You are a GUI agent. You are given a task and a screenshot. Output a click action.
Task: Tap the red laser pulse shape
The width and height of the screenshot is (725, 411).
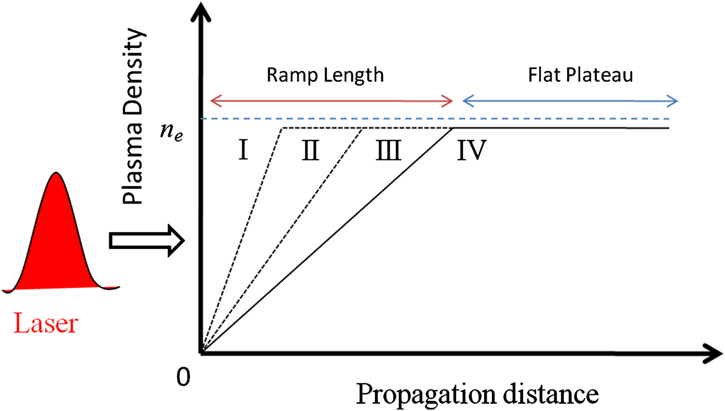click(57, 244)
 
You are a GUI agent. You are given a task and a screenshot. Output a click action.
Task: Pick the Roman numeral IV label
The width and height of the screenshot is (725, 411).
click(471, 151)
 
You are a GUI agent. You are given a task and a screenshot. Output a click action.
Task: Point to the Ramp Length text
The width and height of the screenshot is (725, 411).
click(325, 75)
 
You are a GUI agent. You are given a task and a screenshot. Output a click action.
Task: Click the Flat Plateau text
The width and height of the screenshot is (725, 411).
click(580, 75)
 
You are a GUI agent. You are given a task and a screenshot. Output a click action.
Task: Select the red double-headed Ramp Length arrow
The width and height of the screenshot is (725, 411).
click(331, 101)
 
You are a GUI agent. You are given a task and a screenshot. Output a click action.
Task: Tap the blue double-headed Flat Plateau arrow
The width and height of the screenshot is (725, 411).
click(570, 101)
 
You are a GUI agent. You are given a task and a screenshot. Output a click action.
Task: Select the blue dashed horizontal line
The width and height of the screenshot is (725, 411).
click(440, 119)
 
